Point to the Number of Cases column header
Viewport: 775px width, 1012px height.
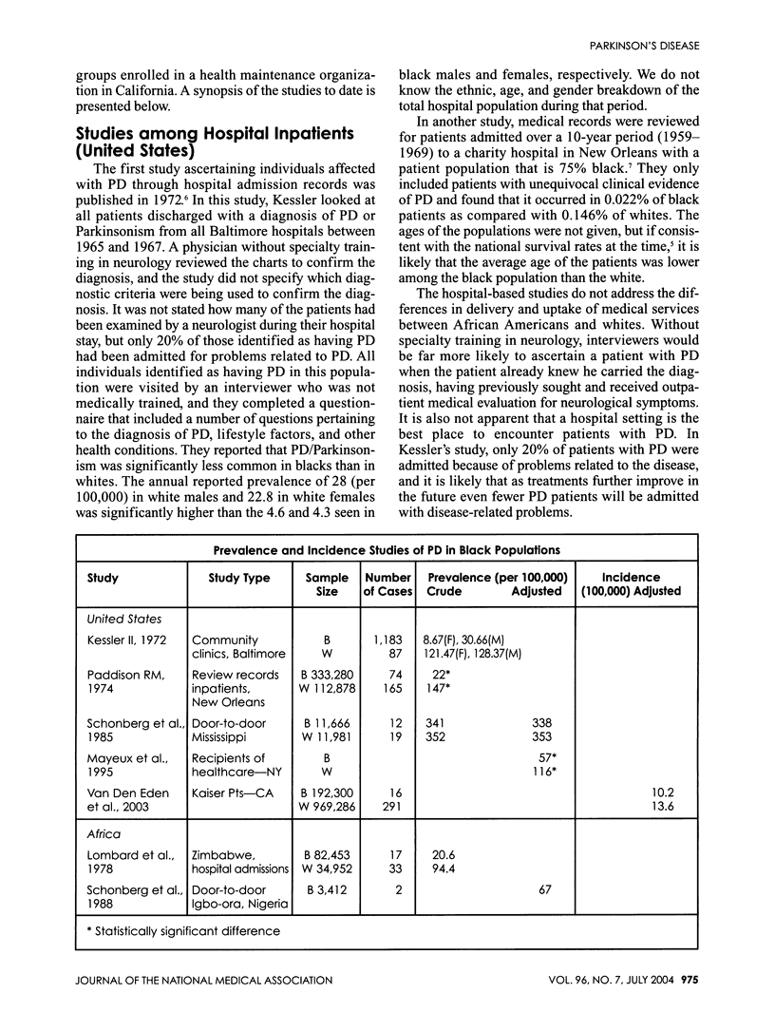coord(387,583)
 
